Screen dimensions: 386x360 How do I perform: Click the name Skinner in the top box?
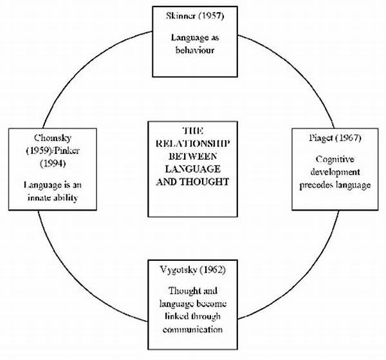pyautogui.click(x=181, y=15)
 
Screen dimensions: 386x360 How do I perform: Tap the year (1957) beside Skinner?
pyautogui.click(x=211, y=15)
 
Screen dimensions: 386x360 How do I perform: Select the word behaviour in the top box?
pyautogui.click(x=195, y=50)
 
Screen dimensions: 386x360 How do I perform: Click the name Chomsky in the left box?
pyautogui.click(x=53, y=138)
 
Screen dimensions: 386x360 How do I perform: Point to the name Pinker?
pyautogui.click(x=67, y=151)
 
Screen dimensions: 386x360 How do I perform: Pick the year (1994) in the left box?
pyautogui.click(x=53, y=164)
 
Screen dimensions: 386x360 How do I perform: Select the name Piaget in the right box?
pyautogui.click(x=321, y=138)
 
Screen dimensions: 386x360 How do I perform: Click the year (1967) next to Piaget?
pyautogui.click(x=349, y=138)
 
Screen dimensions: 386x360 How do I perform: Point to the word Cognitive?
pyautogui.click(x=335, y=159)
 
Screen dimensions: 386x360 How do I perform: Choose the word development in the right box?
pyautogui.click(x=335, y=172)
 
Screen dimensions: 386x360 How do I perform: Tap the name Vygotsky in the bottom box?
pyautogui.click(x=178, y=270)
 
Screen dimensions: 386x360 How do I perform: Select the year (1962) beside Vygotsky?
pyautogui.click(x=213, y=270)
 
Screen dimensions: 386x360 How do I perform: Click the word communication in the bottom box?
pyautogui.click(x=192, y=330)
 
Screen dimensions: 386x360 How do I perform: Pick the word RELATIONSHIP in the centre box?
pyautogui.click(x=193, y=144)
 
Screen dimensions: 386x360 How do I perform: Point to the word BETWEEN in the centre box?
pyautogui.click(x=193, y=156)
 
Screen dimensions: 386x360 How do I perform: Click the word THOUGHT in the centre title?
pyautogui.click(x=205, y=182)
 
